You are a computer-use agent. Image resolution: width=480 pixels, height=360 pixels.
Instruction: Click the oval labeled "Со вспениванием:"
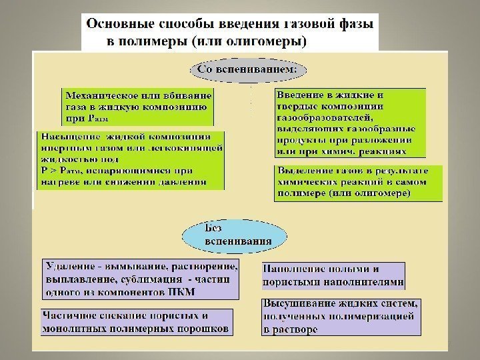[249, 69]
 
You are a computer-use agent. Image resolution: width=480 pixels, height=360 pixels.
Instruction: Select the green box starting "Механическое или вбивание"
[139, 106]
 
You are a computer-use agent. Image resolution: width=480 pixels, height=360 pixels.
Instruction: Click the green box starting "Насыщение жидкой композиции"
[131, 161]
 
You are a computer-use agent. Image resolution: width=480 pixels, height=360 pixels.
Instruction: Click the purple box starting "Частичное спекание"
[137, 321]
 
